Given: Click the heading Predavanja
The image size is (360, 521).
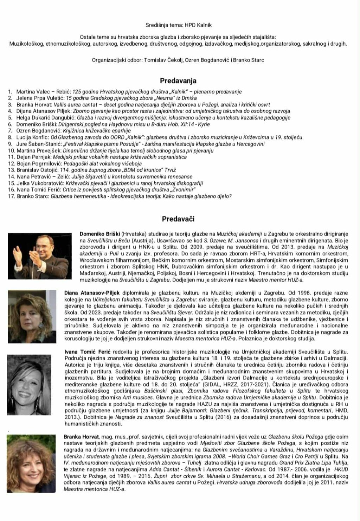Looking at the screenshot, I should [178, 81].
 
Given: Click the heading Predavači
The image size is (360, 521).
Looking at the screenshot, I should [178, 219].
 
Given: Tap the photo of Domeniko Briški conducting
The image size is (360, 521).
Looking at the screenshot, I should [40, 256].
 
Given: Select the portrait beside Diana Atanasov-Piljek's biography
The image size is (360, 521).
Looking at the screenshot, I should [32, 316].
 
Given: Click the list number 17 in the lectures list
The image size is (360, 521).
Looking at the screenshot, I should [11, 196].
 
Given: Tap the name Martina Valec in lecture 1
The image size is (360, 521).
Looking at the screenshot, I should [31, 92].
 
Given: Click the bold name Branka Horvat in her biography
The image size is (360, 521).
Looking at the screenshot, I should [79, 437].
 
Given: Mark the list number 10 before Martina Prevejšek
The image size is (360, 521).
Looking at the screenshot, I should [11, 151].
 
